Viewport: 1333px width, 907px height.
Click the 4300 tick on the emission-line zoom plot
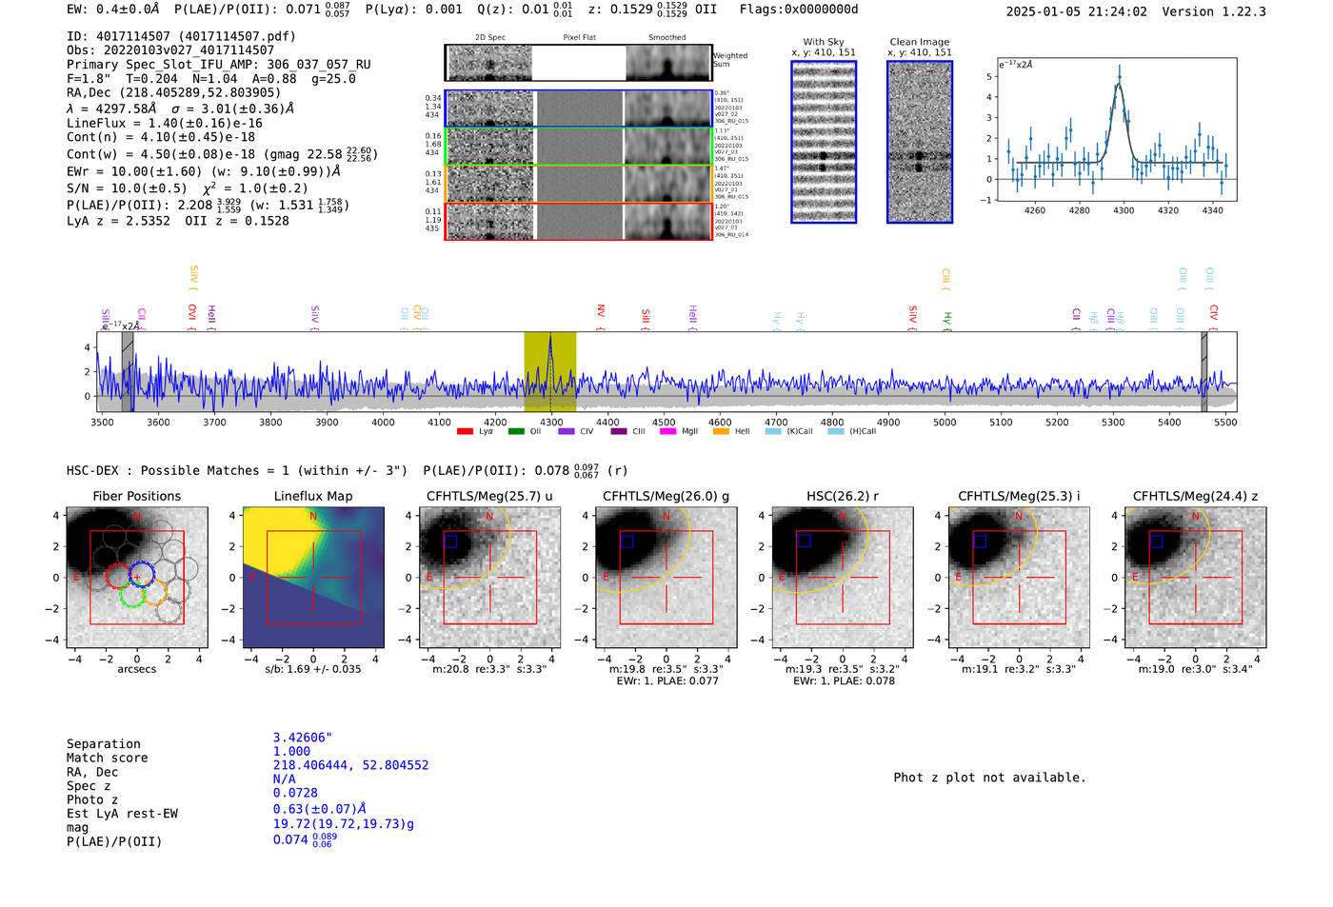(1124, 210)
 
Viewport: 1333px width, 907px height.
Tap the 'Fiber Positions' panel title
(136, 496)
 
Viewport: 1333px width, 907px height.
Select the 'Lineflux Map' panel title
(313, 496)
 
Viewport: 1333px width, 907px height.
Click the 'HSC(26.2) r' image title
(842, 496)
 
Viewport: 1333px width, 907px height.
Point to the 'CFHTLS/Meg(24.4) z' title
(1195, 496)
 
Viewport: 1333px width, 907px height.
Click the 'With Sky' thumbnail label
(824, 42)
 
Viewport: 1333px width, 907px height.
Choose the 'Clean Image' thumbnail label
(919, 42)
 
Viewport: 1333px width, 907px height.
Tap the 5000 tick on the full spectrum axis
(945, 422)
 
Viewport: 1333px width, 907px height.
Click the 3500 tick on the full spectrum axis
(102, 422)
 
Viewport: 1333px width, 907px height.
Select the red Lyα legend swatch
(465, 432)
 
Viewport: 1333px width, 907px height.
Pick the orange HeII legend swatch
(721, 432)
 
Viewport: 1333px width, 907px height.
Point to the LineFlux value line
(165, 123)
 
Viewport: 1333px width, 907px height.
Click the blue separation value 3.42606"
(302, 738)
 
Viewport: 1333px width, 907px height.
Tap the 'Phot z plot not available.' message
(989, 778)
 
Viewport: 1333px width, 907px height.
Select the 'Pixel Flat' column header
(579, 38)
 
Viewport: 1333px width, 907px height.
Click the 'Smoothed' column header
(666, 38)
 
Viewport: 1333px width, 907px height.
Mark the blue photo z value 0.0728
(295, 793)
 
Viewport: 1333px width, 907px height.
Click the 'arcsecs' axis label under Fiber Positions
(136, 669)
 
